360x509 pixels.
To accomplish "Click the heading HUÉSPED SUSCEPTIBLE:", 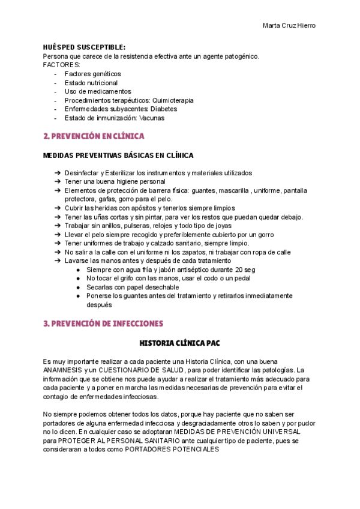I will point(85,47).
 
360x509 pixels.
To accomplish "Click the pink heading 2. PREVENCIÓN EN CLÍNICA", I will point(94,136).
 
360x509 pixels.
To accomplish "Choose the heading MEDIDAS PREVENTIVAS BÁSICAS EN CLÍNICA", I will point(119,155).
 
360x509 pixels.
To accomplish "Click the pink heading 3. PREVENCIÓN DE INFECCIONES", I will point(103,324).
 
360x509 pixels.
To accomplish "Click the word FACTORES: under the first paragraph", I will point(62,65).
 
